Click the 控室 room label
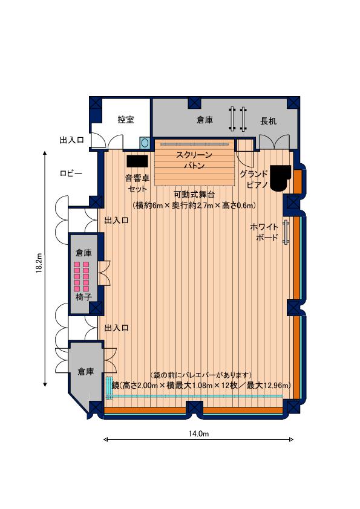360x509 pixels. click(x=126, y=120)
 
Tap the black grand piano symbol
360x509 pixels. click(x=280, y=178)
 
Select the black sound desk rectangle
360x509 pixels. click(x=137, y=161)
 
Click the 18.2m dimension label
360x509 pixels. click(x=39, y=263)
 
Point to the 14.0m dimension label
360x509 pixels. click(x=198, y=433)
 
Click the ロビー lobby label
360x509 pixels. click(x=71, y=173)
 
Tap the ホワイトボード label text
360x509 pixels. click(x=264, y=232)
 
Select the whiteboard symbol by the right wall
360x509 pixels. click(x=286, y=232)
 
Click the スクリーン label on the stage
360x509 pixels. click(x=194, y=155)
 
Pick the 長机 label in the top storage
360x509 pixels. click(x=269, y=121)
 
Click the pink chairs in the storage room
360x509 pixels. click(x=81, y=276)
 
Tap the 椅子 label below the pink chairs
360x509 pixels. click(x=84, y=297)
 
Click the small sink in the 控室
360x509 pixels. click(x=145, y=142)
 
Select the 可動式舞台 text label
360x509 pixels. click(x=194, y=195)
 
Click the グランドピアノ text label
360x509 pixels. click(x=254, y=179)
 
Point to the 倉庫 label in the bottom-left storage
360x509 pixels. click(x=86, y=372)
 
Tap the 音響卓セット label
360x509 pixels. click(x=137, y=183)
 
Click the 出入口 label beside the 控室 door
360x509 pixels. click(x=72, y=140)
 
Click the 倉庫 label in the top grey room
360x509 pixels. click(x=205, y=120)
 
